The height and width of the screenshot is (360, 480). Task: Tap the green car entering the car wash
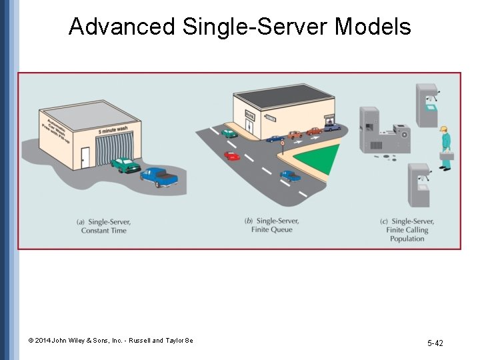point(125,164)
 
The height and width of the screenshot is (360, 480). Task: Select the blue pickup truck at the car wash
point(159,177)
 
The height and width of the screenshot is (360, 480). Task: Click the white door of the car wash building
point(85,157)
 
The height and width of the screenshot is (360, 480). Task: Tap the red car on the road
point(231,155)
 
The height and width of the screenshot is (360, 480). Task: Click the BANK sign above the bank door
point(250,115)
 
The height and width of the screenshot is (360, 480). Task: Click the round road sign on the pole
point(282,142)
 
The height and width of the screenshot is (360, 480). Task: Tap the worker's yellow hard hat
point(443,127)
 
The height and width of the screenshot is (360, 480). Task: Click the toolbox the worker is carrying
point(446,155)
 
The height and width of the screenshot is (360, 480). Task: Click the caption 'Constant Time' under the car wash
point(103,231)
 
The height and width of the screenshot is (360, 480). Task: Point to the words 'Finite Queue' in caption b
point(271,230)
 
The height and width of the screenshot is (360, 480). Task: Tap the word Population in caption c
point(407,239)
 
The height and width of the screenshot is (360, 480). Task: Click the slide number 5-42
point(435,343)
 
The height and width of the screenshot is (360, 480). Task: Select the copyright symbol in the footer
point(31,341)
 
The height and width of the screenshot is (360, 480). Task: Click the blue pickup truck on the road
point(290,175)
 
